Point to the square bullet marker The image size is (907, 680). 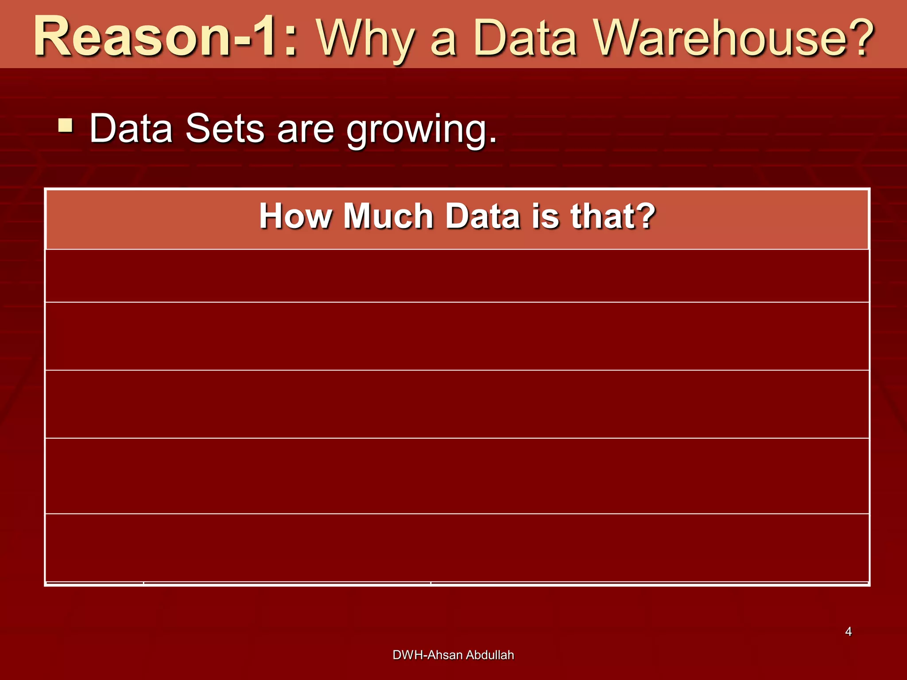[x=66, y=126]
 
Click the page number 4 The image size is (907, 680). [x=848, y=632]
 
